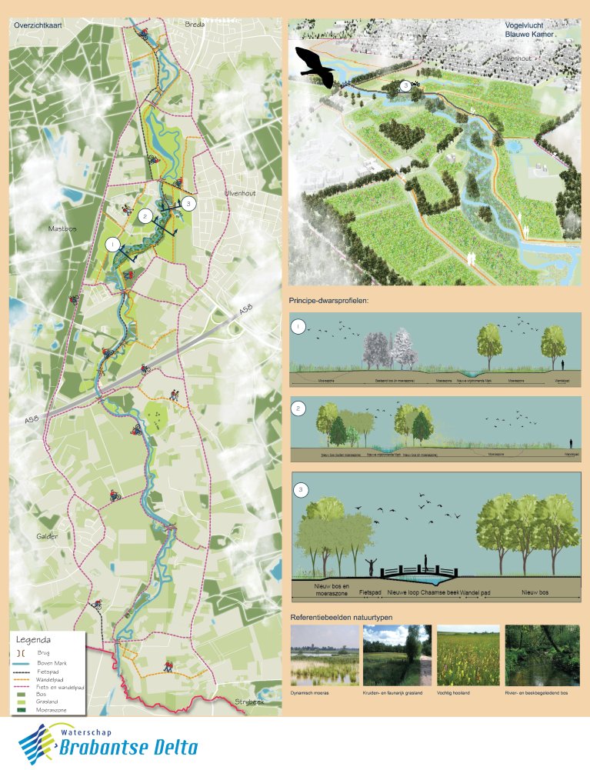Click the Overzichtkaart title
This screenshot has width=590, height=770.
(x=38, y=25)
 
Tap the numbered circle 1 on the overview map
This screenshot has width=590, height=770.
(x=114, y=244)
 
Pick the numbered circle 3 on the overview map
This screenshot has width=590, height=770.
(x=190, y=203)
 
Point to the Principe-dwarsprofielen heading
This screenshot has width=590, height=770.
(x=328, y=301)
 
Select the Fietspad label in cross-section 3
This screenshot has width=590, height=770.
(x=371, y=593)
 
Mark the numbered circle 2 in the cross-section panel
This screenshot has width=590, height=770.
(x=299, y=408)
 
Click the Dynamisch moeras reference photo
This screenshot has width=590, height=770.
(x=324, y=655)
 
